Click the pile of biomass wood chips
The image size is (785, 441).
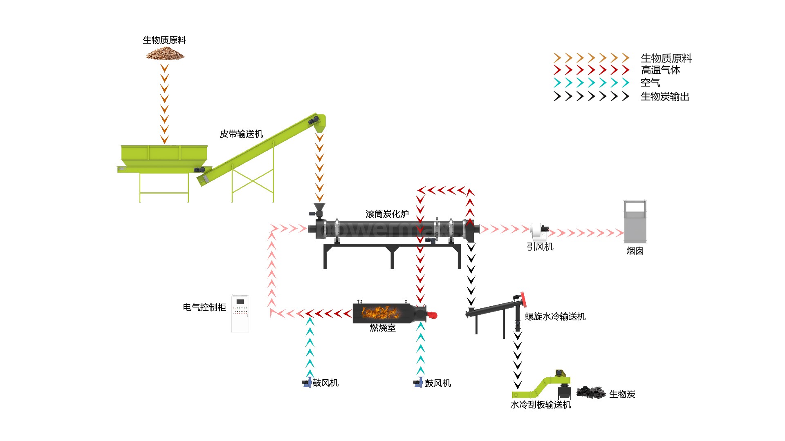pyautogui.click(x=165, y=53)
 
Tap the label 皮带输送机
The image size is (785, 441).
pyautogui.click(x=241, y=134)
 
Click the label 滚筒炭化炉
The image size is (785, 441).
pyautogui.click(x=387, y=214)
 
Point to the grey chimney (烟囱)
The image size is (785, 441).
pyautogui.click(x=635, y=223)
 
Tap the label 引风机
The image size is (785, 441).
pyautogui.click(x=540, y=247)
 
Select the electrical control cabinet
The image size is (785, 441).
pyautogui.click(x=240, y=313)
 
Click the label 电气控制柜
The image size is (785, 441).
pyautogui.click(x=204, y=307)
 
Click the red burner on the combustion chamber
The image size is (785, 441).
pyautogui.click(x=432, y=315)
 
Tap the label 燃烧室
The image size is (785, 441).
pyautogui.click(x=383, y=328)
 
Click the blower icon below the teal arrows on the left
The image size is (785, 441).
pyautogui.click(x=307, y=383)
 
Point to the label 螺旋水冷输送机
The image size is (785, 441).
pyautogui.click(x=555, y=316)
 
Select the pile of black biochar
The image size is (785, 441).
pyautogui.click(x=591, y=392)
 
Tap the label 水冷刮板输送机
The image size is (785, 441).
pyautogui.click(x=541, y=405)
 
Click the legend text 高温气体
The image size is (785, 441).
pyautogui.click(x=660, y=70)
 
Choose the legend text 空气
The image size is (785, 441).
pyautogui.click(x=650, y=83)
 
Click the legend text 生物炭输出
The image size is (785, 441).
pyautogui.click(x=665, y=97)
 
